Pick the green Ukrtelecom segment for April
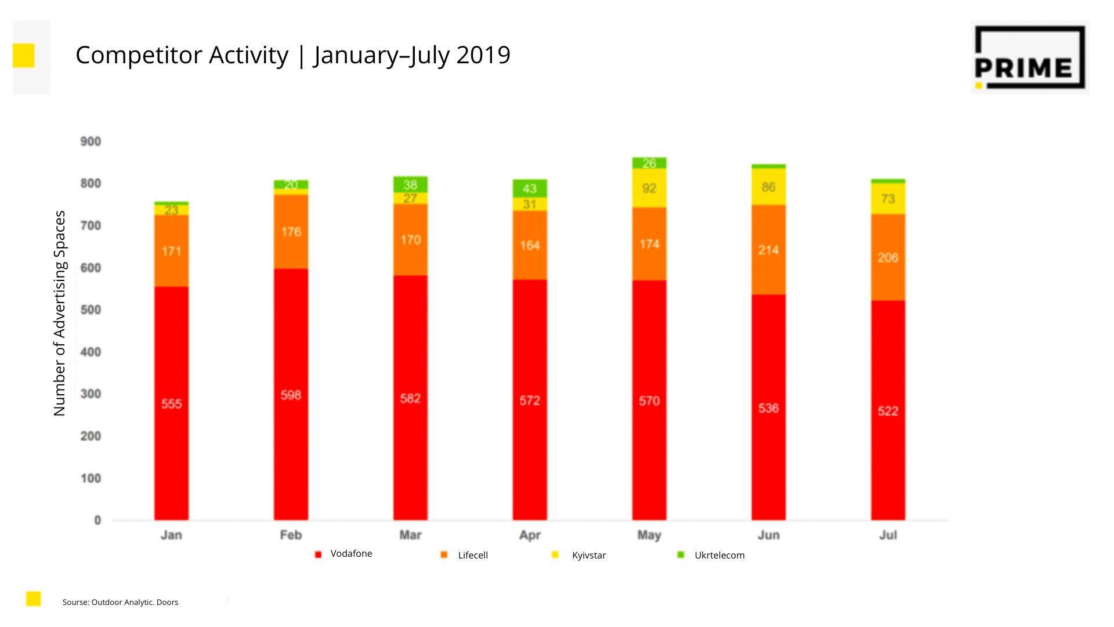529,188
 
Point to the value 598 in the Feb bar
291,395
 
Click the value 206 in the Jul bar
888,258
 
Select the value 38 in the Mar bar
410,185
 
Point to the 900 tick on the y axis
91,142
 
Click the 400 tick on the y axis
91,352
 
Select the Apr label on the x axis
530,535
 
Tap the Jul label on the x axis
888,535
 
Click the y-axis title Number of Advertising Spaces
60,313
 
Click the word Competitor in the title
139,55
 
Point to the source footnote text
120,602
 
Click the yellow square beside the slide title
24,55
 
